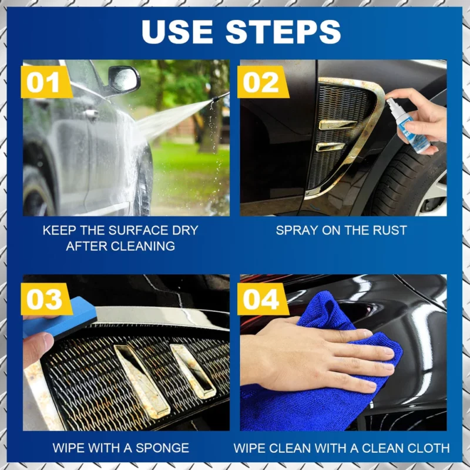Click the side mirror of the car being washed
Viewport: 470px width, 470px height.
[x=123, y=79]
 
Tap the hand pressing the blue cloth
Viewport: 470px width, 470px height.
[x=329, y=352]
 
